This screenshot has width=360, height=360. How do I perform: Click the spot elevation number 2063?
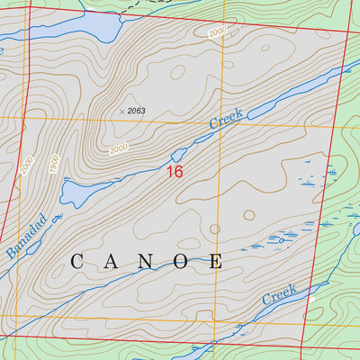point(136,111)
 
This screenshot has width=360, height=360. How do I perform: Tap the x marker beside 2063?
point(121,111)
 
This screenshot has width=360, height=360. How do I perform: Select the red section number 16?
point(175,171)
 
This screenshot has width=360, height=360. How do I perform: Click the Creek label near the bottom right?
point(279,293)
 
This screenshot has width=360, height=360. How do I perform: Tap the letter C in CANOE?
point(76,262)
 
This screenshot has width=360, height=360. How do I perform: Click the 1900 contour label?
point(53,164)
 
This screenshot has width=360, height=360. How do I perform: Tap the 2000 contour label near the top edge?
point(217,32)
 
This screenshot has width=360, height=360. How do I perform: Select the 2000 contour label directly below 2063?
point(119,148)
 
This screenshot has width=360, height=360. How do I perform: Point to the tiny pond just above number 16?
point(178,155)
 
